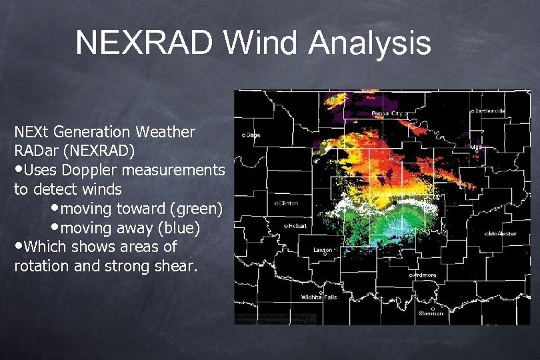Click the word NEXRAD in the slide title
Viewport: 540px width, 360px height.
145,43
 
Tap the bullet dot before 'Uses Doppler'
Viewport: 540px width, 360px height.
19,170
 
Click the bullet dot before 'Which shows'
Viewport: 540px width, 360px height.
19,247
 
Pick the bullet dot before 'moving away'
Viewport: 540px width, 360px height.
55,228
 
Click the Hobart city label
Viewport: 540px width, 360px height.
297,226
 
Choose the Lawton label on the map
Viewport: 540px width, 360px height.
323,250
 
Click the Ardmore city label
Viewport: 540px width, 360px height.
425,275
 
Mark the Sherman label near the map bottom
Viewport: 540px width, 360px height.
430,313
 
